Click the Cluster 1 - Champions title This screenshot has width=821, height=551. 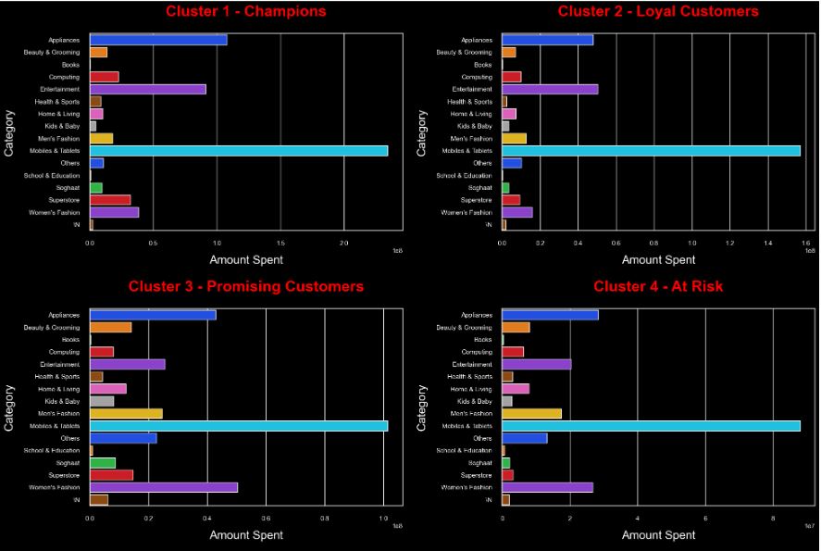(246, 12)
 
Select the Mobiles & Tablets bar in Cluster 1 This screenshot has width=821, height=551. (239, 150)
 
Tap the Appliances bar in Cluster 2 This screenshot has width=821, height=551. (547, 40)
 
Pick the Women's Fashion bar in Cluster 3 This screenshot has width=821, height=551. (164, 487)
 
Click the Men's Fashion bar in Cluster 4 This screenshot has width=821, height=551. (531, 413)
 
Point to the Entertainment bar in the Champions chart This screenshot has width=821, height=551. (148, 89)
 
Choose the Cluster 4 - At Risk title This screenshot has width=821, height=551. (658, 287)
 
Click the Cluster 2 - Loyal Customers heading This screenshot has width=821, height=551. (658, 12)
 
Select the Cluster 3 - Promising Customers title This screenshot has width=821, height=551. (246, 287)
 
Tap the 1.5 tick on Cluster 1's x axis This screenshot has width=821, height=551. (280, 243)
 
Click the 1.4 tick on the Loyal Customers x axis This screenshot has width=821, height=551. (767, 243)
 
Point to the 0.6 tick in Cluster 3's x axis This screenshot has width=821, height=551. (266, 518)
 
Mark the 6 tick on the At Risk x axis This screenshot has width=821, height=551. (705, 518)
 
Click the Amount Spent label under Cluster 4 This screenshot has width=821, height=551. (658, 535)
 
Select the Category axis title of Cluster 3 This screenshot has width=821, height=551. (10, 407)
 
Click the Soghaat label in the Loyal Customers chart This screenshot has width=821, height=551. (480, 187)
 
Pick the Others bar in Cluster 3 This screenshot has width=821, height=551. (123, 438)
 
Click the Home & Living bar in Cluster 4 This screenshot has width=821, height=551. (516, 389)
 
